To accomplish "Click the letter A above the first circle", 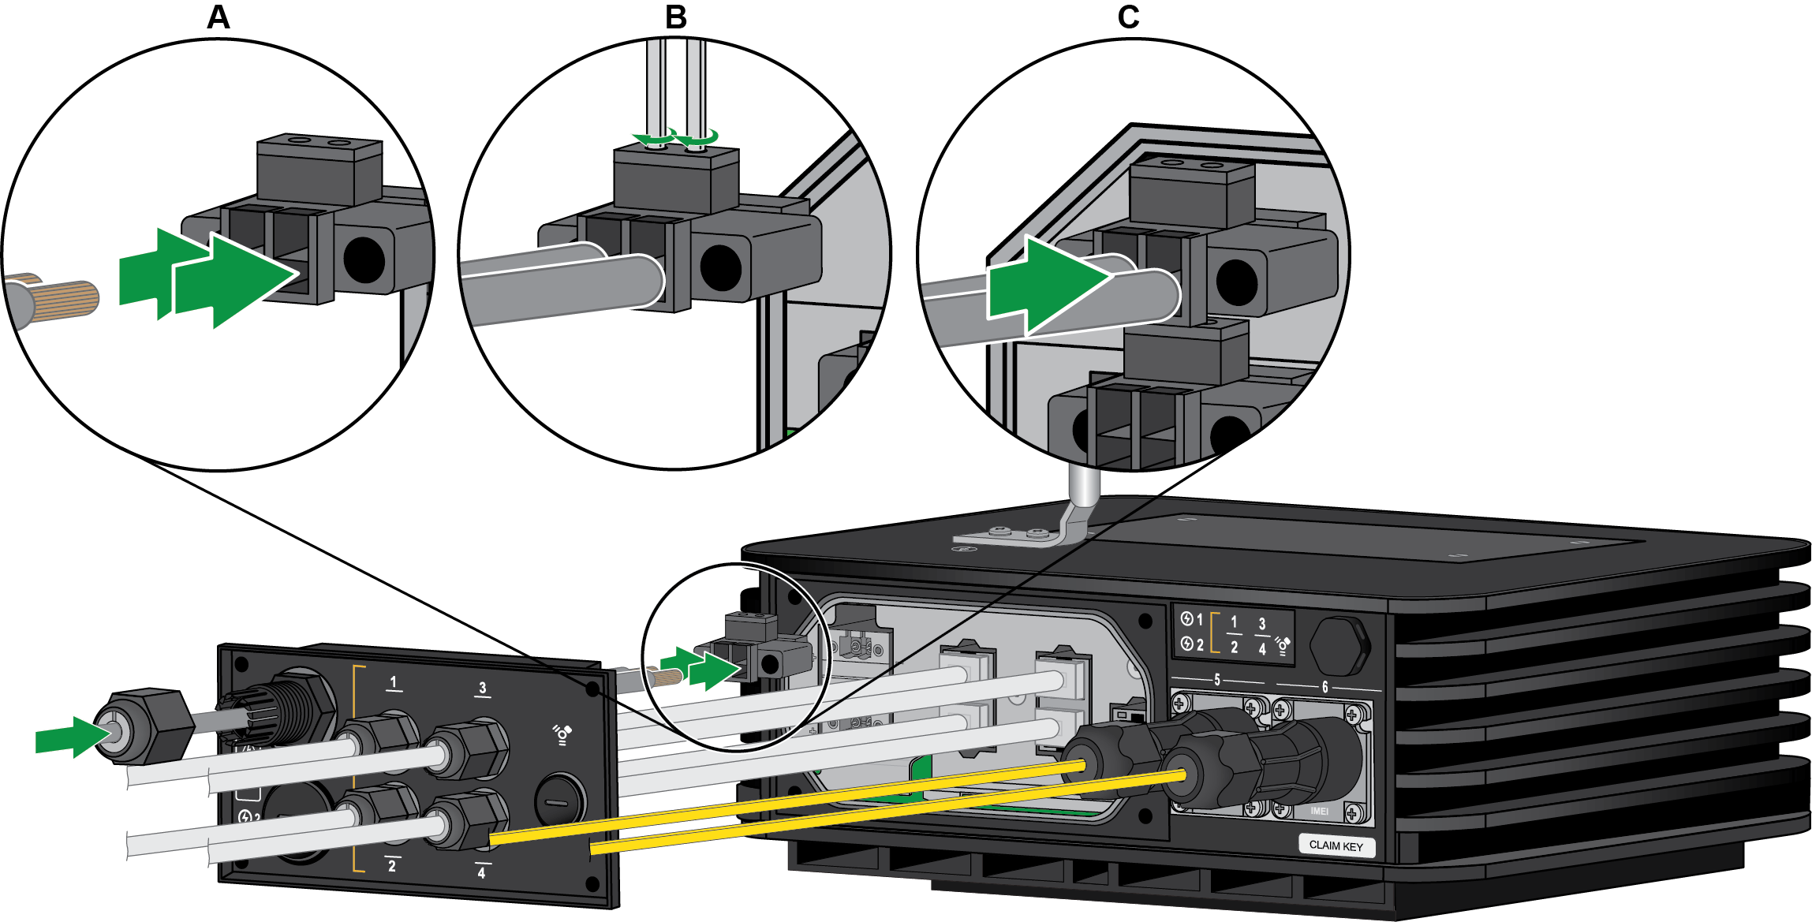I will pos(219,17).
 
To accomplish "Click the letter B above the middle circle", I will pos(676,17).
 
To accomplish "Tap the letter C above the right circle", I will pos(1128,17).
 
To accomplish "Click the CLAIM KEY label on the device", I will pos(1336,845).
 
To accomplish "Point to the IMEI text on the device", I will pos(1319,811).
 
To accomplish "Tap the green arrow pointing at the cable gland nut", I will pos(71,737).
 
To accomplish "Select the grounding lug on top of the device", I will pos(1018,536).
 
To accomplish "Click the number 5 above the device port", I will pos(1216,680).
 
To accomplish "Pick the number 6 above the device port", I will pos(1324,687).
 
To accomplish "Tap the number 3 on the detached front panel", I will pos(483,689).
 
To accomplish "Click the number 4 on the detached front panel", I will pos(481,873).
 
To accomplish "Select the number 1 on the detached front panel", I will pos(394,682).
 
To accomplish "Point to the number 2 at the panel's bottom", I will pos(392,866).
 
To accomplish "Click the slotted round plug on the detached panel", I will pos(559,801).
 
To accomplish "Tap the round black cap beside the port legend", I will pos(1339,645).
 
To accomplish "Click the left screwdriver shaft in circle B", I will pos(655,87).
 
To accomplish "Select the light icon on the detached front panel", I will pos(562,735).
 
